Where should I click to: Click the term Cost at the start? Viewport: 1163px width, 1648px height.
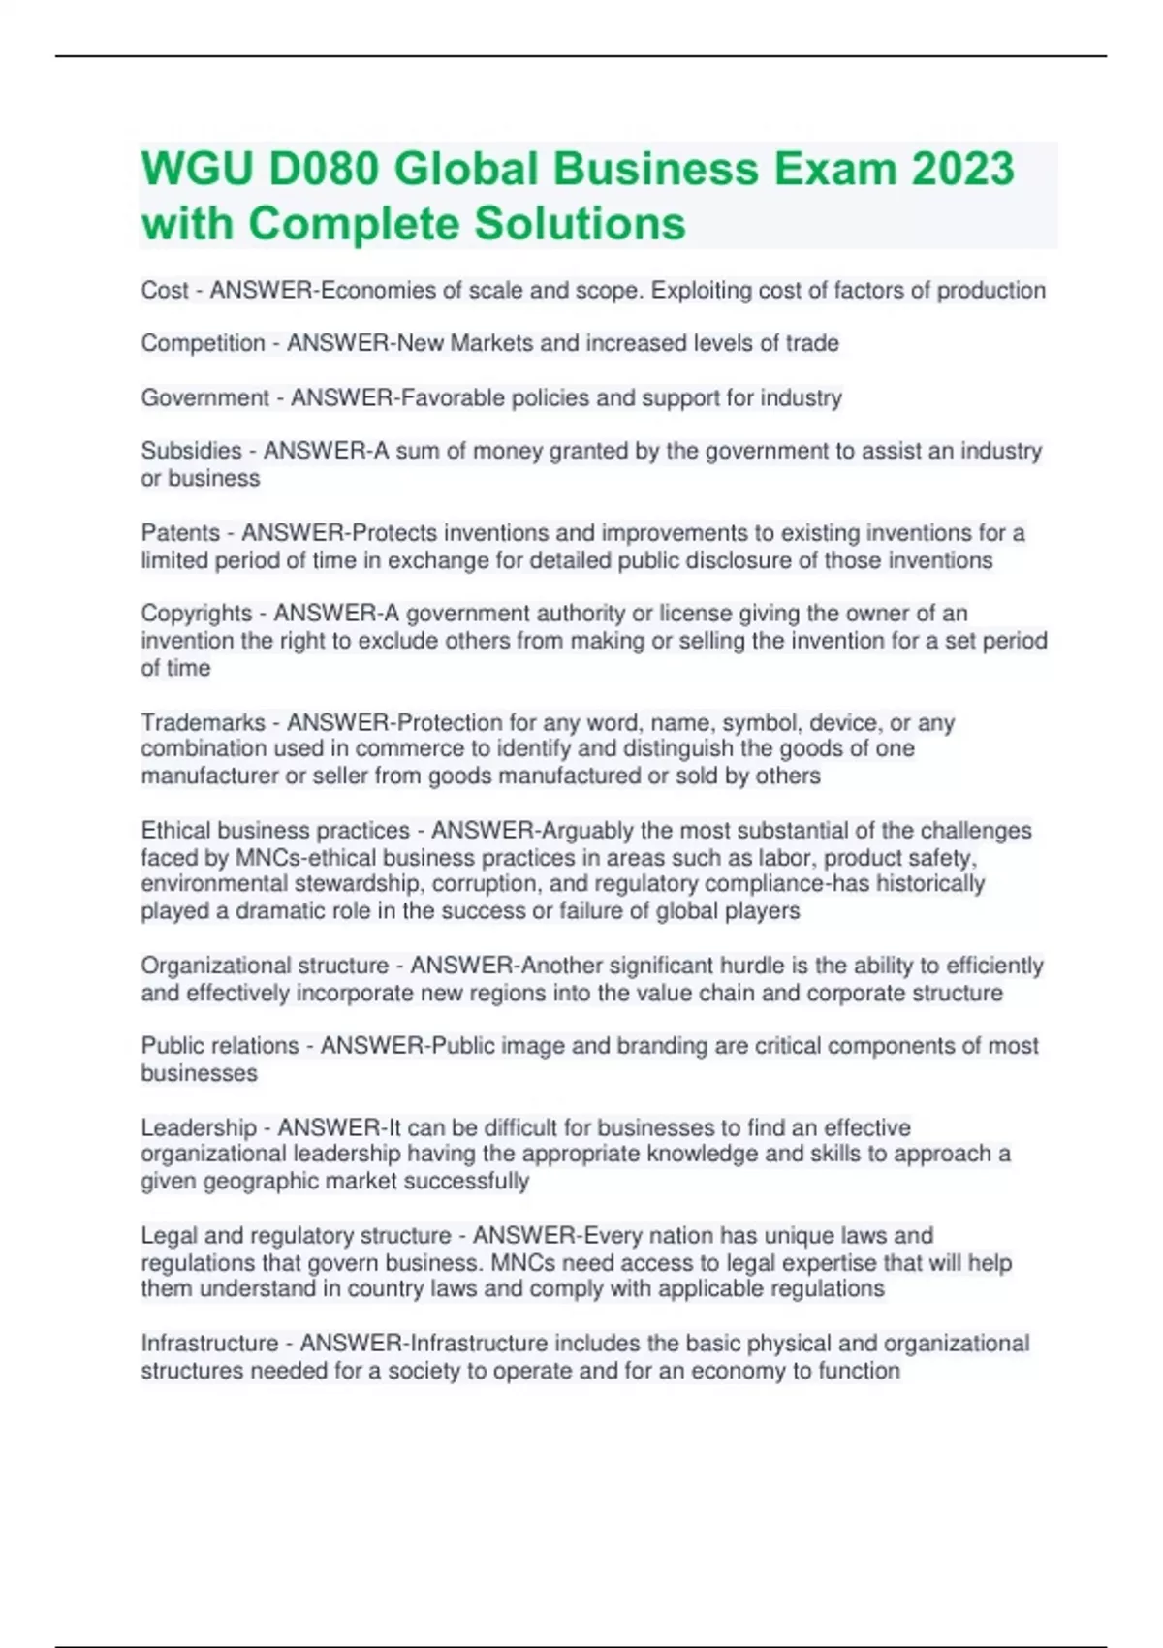click(x=165, y=291)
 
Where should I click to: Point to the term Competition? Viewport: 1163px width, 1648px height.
click(x=203, y=343)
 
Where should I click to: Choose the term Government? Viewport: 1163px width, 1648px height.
click(x=205, y=398)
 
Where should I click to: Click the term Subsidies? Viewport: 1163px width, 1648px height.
click(x=191, y=451)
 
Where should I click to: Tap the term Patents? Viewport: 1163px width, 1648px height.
click(x=180, y=533)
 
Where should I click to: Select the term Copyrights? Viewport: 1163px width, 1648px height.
click(x=197, y=614)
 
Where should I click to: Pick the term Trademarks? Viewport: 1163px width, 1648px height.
click(x=203, y=722)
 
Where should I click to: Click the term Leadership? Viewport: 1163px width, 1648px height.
click(x=199, y=1127)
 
